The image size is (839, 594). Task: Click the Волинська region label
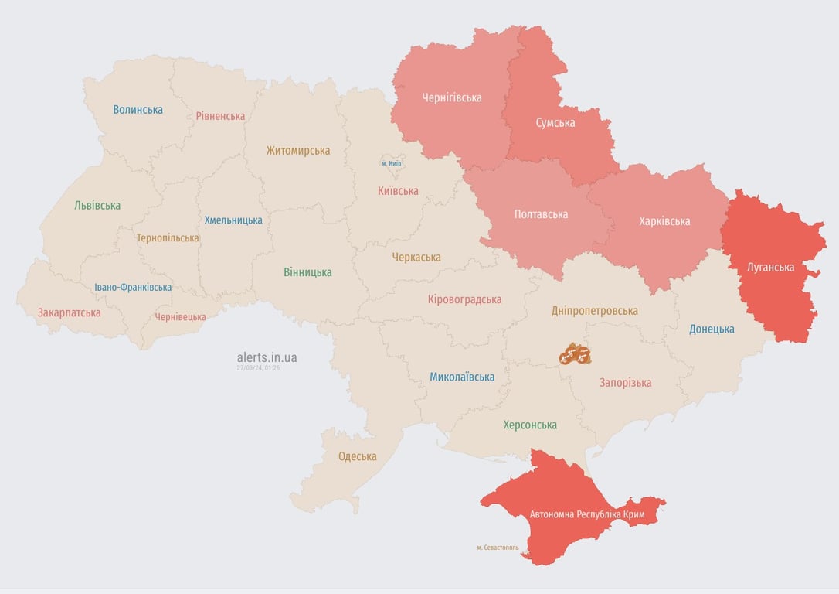(138, 110)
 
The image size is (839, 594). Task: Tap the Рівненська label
(220, 116)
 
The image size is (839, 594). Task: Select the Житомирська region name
(298, 151)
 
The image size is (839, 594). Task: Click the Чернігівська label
(452, 97)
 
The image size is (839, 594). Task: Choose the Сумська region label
(555, 122)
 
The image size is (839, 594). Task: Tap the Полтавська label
(541, 214)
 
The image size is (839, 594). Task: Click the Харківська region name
(664, 221)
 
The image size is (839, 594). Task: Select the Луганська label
(771, 268)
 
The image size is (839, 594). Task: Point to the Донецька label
(712, 329)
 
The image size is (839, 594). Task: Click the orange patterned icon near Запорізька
(575, 354)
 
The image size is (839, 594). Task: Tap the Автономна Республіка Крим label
(586, 514)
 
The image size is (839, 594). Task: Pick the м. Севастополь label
(498, 548)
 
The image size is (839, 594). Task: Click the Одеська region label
(358, 456)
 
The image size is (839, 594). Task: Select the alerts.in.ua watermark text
(267, 357)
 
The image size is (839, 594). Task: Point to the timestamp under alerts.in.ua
(258, 368)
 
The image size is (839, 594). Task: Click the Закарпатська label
(70, 313)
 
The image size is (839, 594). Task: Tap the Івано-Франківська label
(133, 287)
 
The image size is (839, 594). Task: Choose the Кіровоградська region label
(464, 299)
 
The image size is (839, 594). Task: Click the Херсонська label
(530, 425)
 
